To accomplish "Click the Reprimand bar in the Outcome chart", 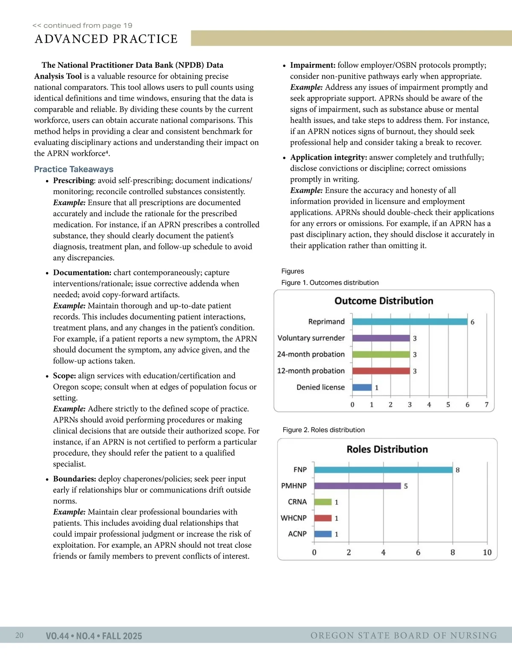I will [410, 322].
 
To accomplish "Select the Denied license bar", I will [362, 387].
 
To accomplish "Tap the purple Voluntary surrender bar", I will [381, 338].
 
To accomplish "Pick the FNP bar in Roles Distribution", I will [383, 470].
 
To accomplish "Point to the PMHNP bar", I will [358, 486].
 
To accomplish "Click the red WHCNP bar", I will [323, 518].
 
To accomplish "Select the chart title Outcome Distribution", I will [384, 301].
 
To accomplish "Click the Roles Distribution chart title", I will [387, 449].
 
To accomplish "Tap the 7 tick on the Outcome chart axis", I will [486, 404].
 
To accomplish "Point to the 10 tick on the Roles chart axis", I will [487, 552].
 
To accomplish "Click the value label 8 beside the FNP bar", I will [458, 470].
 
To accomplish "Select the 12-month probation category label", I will [311, 371].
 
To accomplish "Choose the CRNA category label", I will [297, 502].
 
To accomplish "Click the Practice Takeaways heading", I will [74, 169].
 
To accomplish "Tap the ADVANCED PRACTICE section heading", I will [106, 39].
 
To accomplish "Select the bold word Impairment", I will [312, 65].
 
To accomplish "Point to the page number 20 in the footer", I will [19, 636].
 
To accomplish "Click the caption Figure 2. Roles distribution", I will [323, 430].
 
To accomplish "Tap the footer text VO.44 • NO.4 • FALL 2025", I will [94, 636].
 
